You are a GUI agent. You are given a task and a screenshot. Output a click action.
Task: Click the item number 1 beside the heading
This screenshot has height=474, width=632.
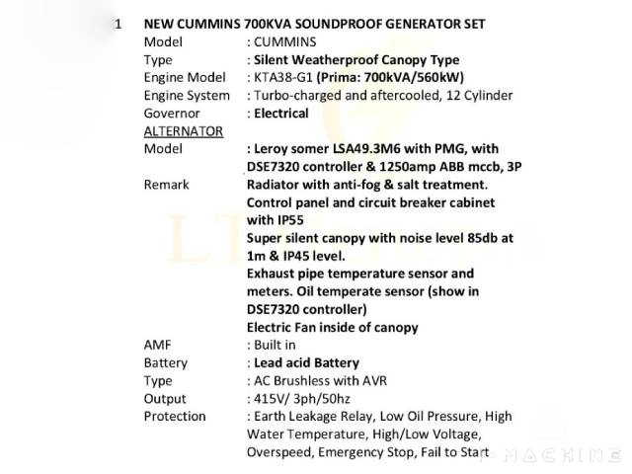(118, 24)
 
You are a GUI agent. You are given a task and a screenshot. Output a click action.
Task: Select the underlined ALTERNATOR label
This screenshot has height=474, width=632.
(183, 130)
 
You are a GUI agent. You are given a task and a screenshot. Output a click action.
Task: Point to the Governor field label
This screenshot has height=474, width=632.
(172, 113)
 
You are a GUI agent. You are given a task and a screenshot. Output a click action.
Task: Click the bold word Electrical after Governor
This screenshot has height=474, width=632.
(281, 113)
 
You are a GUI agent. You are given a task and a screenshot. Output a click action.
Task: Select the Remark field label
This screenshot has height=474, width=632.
(166, 185)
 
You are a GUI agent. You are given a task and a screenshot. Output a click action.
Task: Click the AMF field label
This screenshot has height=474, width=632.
(158, 345)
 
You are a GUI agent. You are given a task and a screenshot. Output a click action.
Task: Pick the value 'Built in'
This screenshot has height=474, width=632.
(276, 345)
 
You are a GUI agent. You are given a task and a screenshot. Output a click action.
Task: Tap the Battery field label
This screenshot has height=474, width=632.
(165, 362)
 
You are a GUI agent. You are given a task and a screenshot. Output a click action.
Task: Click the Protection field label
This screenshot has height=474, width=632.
(175, 416)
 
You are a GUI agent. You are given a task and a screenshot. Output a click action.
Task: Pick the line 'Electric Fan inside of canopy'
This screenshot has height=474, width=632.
(333, 327)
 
